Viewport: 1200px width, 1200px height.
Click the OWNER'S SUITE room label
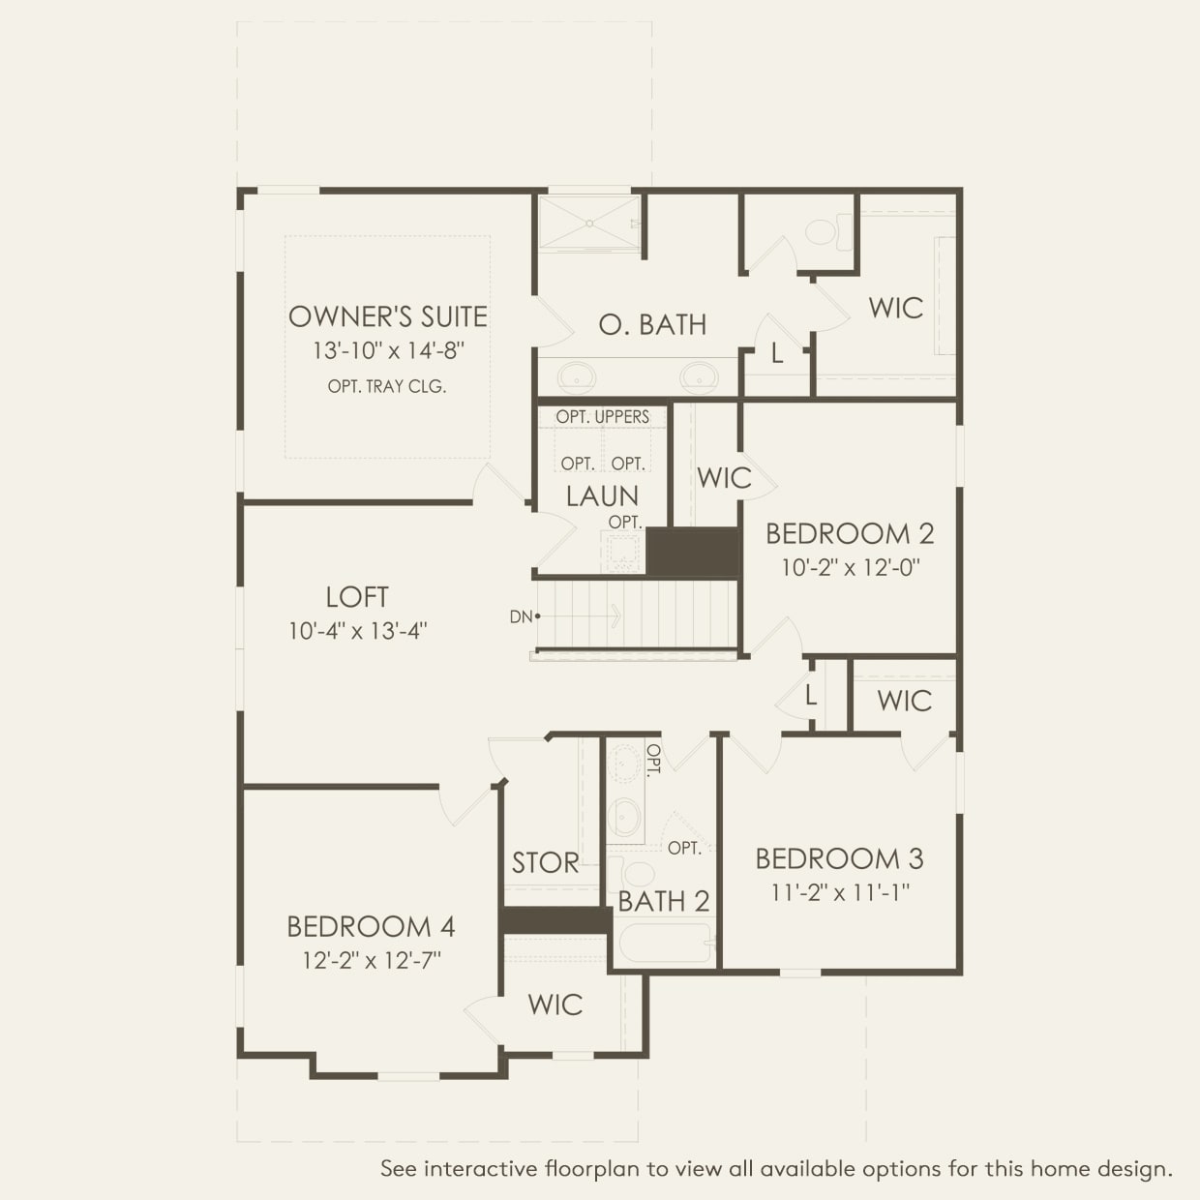click(x=387, y=316)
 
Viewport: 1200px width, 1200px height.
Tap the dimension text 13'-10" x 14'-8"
click(x=387, y=350)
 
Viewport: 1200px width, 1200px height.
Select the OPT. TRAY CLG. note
click(x=387, y=386)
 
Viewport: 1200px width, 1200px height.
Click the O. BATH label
click(x=652, y=325)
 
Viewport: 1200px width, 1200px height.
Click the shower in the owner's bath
click(x=588, y=224)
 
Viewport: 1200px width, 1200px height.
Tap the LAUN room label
click(x=602, y=496)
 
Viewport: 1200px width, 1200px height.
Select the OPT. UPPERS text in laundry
click(x=602, y=417)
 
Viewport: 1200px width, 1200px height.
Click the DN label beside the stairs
click(x=521, y=616)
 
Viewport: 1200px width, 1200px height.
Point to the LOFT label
click(x=357, y=597)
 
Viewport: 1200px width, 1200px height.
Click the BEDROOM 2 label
click(x=850, y=533)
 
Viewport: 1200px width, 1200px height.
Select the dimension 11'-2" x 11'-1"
click(x=839, y=892)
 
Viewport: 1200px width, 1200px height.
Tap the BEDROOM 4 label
click(x=371, y=926)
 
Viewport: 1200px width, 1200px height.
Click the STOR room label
click(x=545, y=862)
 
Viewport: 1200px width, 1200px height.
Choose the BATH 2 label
click(x=664, y=901)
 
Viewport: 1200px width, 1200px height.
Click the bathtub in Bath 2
click(x=665, y=943)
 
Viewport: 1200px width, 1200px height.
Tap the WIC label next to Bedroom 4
click(x=555, y=1005)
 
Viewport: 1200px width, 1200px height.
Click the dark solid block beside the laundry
click(x=692, y=552)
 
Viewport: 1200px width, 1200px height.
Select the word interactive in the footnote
click(x=482, y=1169)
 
